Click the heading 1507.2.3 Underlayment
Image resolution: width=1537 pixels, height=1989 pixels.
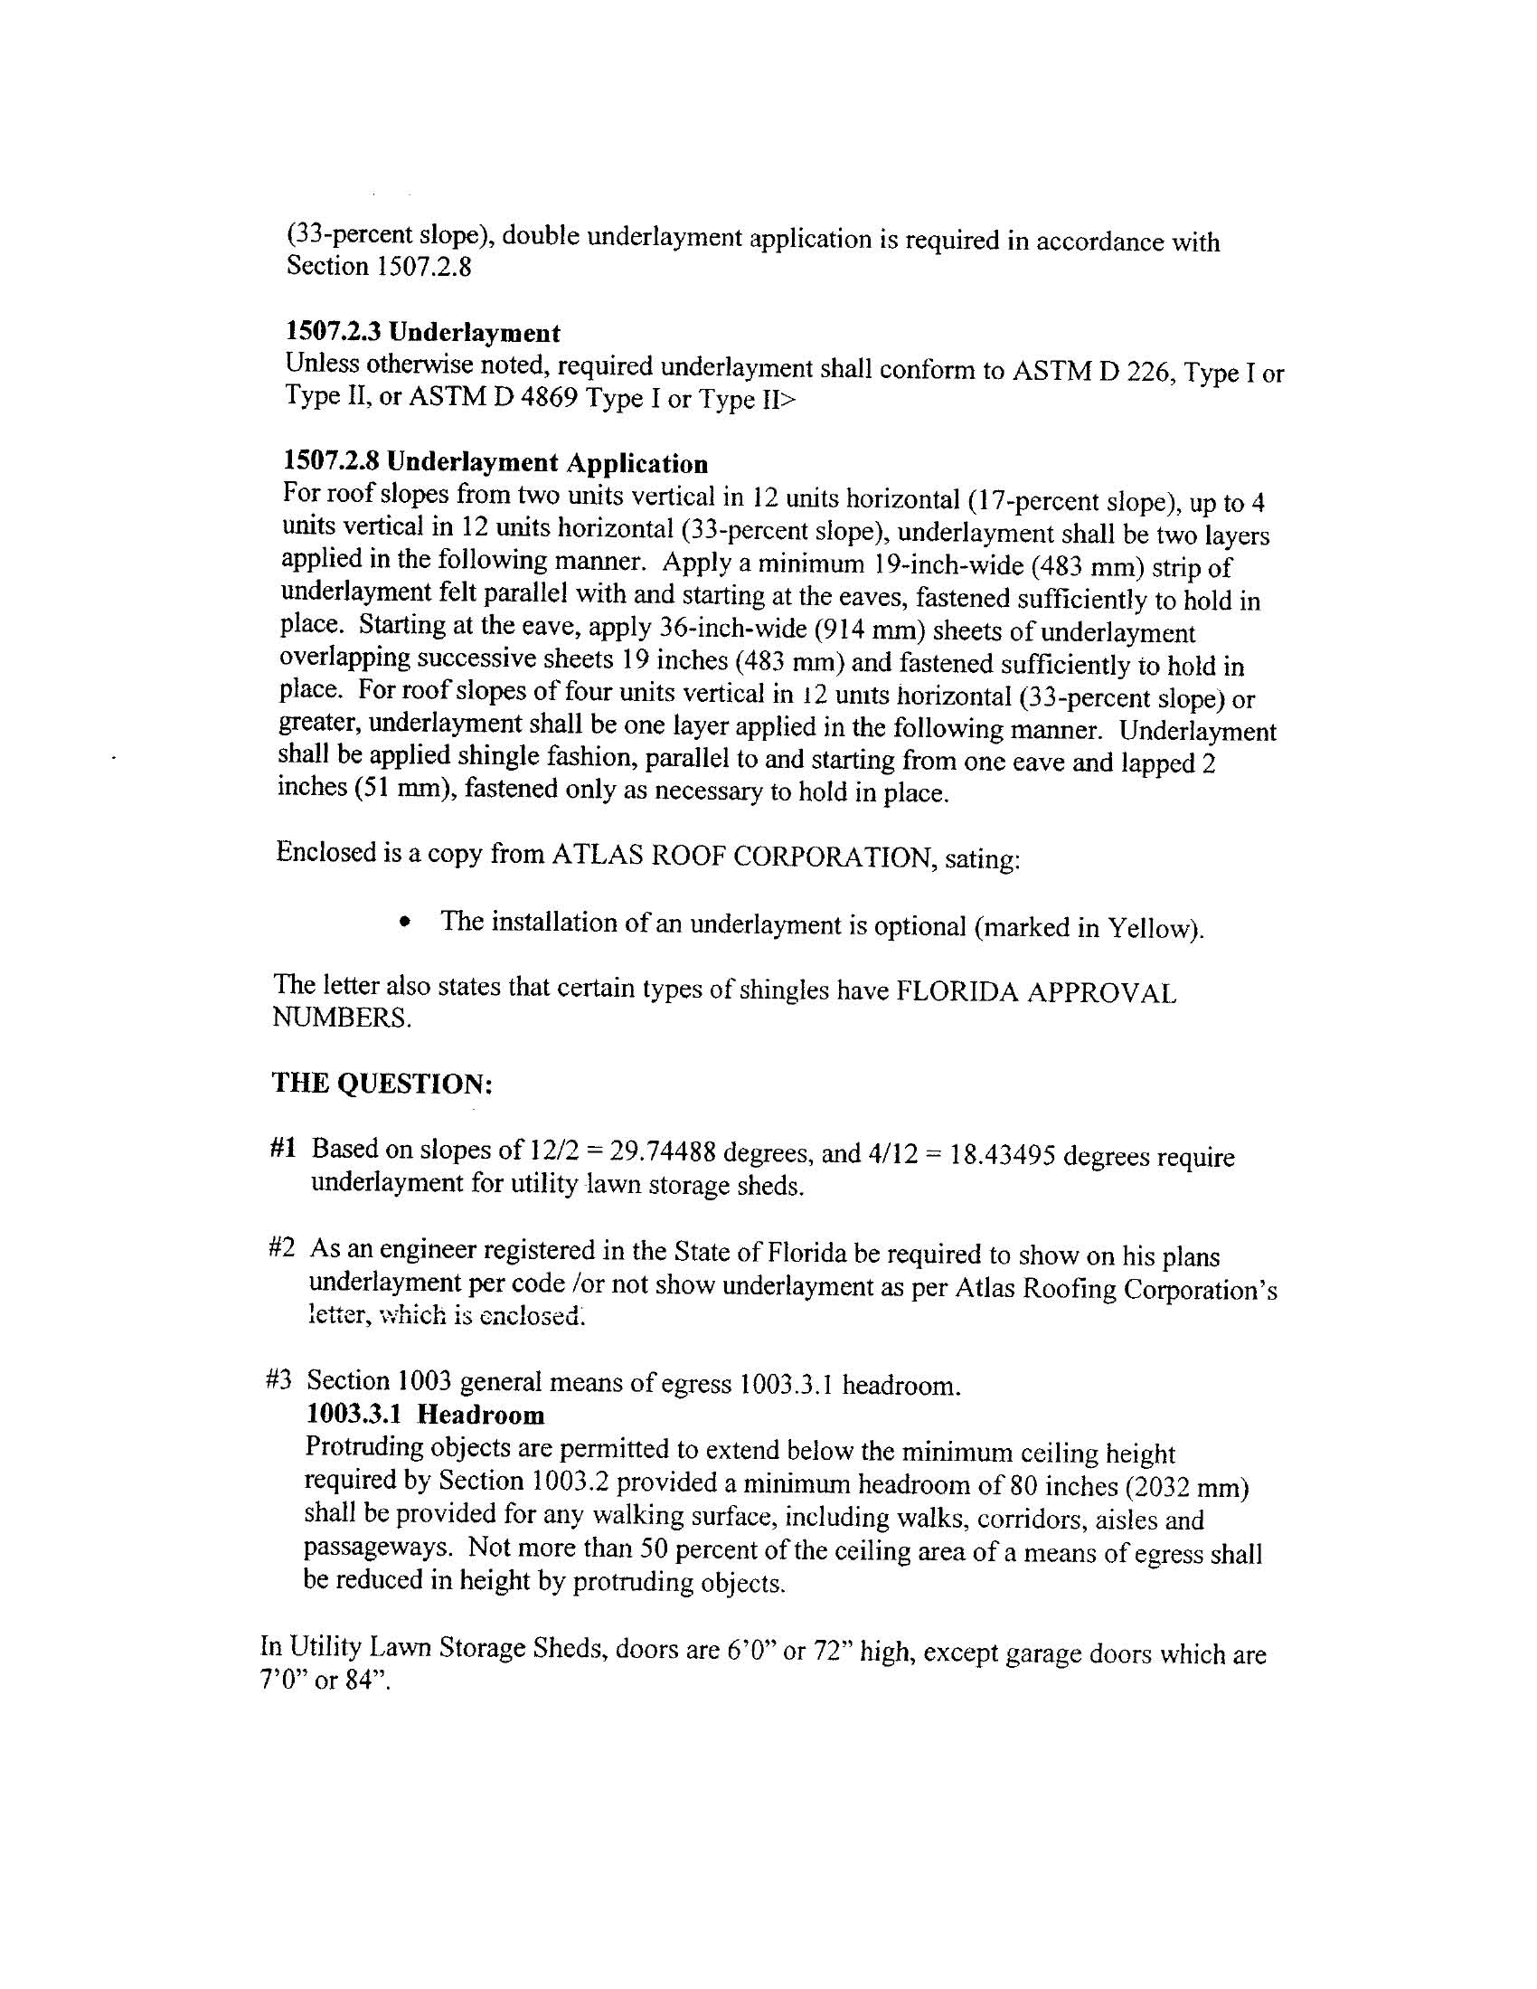[422, 333]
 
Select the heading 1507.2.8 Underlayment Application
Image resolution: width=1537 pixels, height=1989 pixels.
[495, 462]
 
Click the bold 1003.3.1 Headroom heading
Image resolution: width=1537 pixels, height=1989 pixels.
[425, 1416]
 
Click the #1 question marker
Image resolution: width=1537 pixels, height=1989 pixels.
[283, 1149]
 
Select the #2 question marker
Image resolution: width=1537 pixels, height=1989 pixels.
[282, 1248]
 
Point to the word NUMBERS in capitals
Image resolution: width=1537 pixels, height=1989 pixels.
[341, 1018]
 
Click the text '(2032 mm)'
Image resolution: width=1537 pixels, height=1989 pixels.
[1187, 1488]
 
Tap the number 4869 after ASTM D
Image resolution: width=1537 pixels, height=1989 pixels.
[547, 398]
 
